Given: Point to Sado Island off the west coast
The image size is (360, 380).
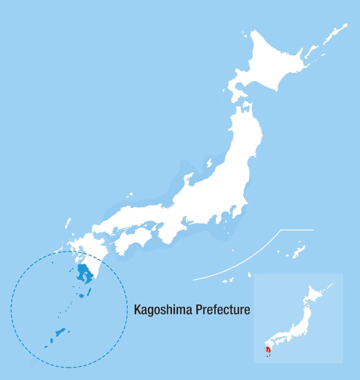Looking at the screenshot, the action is tap(209, 163).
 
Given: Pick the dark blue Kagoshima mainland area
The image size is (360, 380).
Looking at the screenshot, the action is tap(83, 274).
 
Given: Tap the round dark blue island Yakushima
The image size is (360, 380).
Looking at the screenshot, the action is tap(81, 296).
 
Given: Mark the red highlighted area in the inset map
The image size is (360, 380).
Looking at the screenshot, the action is tap(268, 350).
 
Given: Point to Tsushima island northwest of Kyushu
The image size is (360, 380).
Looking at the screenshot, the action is tap(68, 223).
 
